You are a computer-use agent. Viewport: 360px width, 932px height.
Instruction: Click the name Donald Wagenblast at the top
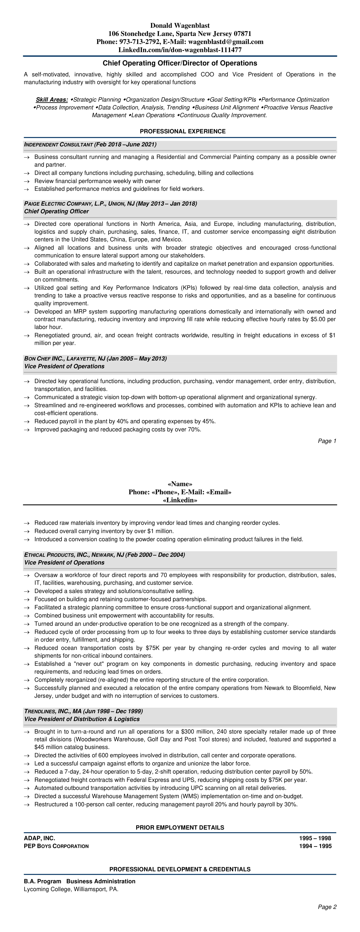point(180,26)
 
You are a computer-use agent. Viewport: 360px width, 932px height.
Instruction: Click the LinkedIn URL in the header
point(180,50)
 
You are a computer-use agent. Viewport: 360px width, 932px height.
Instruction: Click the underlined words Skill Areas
point(52,100)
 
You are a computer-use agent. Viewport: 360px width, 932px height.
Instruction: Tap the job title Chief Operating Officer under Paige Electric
point(57,212)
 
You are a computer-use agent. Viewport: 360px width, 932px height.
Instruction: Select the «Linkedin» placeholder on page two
point(180,500)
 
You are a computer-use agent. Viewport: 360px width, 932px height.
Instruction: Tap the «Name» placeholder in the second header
point(180,484)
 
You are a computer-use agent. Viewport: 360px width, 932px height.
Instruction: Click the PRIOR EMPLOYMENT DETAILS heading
point(180,827)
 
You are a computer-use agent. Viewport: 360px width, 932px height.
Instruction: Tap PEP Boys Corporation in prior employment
point(56,846)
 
